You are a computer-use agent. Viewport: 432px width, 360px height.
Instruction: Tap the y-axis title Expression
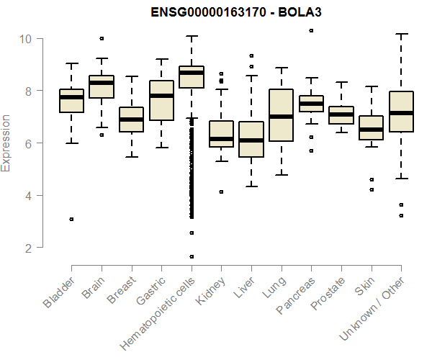[6, 143]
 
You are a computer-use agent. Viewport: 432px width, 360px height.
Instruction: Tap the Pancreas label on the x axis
[294, 295]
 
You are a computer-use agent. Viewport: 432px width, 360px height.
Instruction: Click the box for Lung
[281, 115]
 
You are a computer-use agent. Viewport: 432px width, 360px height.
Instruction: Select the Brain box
[101, 86]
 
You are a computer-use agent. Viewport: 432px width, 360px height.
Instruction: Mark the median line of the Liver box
[251, 140]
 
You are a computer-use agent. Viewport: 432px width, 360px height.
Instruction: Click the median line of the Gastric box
[161, 96]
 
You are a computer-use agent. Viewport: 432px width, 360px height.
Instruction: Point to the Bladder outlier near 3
[71, 219]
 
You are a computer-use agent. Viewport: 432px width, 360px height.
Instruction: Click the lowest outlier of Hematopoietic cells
[191, 256]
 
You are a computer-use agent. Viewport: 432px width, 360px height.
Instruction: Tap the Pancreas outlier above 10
[310, 31]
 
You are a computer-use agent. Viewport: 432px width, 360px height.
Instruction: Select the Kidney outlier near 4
[221, 192]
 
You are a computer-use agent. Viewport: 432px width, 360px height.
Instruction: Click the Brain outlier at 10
[102, 38]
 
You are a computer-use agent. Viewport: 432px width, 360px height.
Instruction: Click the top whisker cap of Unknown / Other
[400, 34]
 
